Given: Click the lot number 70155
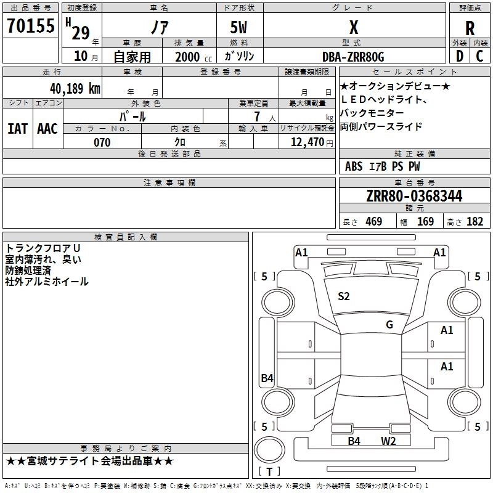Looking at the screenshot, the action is (30, 26).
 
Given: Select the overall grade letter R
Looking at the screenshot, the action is (470, 28).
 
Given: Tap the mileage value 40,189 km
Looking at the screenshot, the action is (75, 89).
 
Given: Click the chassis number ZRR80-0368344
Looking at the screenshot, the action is (414, 196).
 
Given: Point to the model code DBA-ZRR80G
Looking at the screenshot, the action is (353, 57).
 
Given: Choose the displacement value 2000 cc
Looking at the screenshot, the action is (194, 57).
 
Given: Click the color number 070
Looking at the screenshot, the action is (102, 142).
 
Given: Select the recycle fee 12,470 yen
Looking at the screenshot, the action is (312, 142).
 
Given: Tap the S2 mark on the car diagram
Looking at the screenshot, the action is (343, 296).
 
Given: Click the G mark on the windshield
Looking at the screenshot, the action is (389, 325).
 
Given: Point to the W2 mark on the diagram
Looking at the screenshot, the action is (388, 441).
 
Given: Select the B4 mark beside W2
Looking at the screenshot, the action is (354, 441).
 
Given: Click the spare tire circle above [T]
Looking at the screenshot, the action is (269, 449).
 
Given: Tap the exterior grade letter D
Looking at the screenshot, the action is (460, 56).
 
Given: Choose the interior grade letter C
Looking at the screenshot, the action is (479, 56).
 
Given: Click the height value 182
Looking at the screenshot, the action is (475, 222).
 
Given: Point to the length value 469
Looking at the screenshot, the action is (374, 222).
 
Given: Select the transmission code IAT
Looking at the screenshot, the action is (18, 129).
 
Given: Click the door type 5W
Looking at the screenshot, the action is (238, 27).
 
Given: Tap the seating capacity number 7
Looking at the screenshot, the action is (257, 116).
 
